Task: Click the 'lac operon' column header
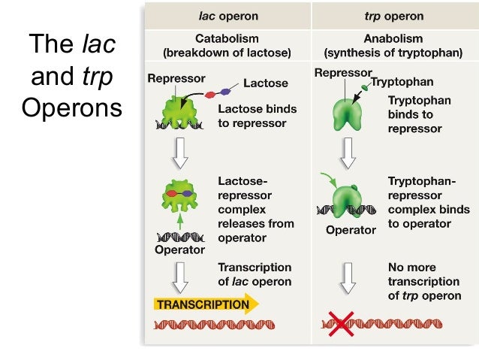pyautogui.click(x=228, y=16)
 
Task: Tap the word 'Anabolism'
pyautogui.click(x=393, y=39)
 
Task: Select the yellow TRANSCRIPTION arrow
pyautogui.click(x=206, y=304)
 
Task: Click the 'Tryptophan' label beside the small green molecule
pyautogui.click(x=402, y=81)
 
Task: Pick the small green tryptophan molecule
pyautogui.click(x=366, y=87)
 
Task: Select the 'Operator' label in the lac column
pyautogui.click(x=179, y=250)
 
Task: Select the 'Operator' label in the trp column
pyautogui.click(x=351, y=230)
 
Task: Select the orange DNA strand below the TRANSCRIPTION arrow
pyautogui.click(x=215, y=325)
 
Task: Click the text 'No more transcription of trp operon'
pyautogui.click(x=423, y=281)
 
